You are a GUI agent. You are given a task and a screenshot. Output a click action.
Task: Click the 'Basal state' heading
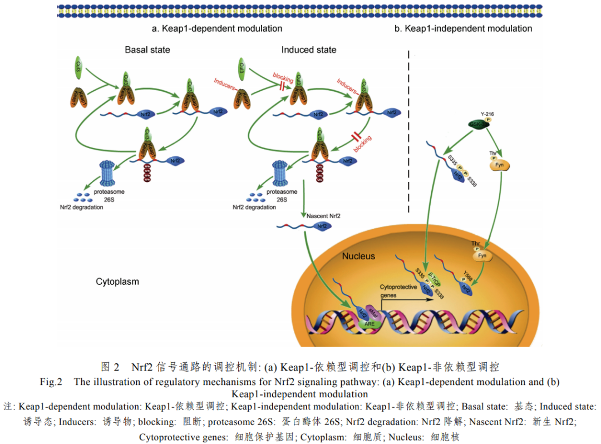click(x=147, y=50)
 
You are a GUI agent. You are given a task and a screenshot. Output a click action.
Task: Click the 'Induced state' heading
click(x=309, y=50)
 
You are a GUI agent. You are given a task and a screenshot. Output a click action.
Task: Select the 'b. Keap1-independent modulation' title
click(x=464, y=28)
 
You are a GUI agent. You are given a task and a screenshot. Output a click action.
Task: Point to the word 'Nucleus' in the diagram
click(x=358, y=256)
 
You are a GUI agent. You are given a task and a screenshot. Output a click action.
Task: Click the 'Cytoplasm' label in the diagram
click(x=117, y=282)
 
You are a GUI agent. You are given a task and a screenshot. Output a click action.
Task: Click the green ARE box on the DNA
click(x=369, y=323)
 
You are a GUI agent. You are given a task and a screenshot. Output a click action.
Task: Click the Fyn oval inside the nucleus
click(x=483, y=256)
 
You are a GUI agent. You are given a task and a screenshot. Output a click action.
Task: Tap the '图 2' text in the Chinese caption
click(x=110, y=367)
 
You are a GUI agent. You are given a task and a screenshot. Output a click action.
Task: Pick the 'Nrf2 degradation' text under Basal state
click(x=81, y=207)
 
